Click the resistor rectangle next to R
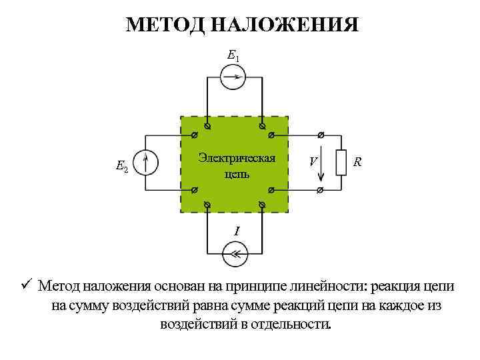tap(341, 163)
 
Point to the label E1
tap(233, 56)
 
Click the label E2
tap(122, 166)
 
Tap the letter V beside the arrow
tap(312, 162)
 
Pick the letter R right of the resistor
tap(358, 162)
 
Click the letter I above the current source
tap(236, 231)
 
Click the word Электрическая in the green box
tap(237, 158)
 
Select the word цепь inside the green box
tap(237, 174)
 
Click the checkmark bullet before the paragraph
tap(26, 286)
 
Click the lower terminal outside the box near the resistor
tap(320, 190)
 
